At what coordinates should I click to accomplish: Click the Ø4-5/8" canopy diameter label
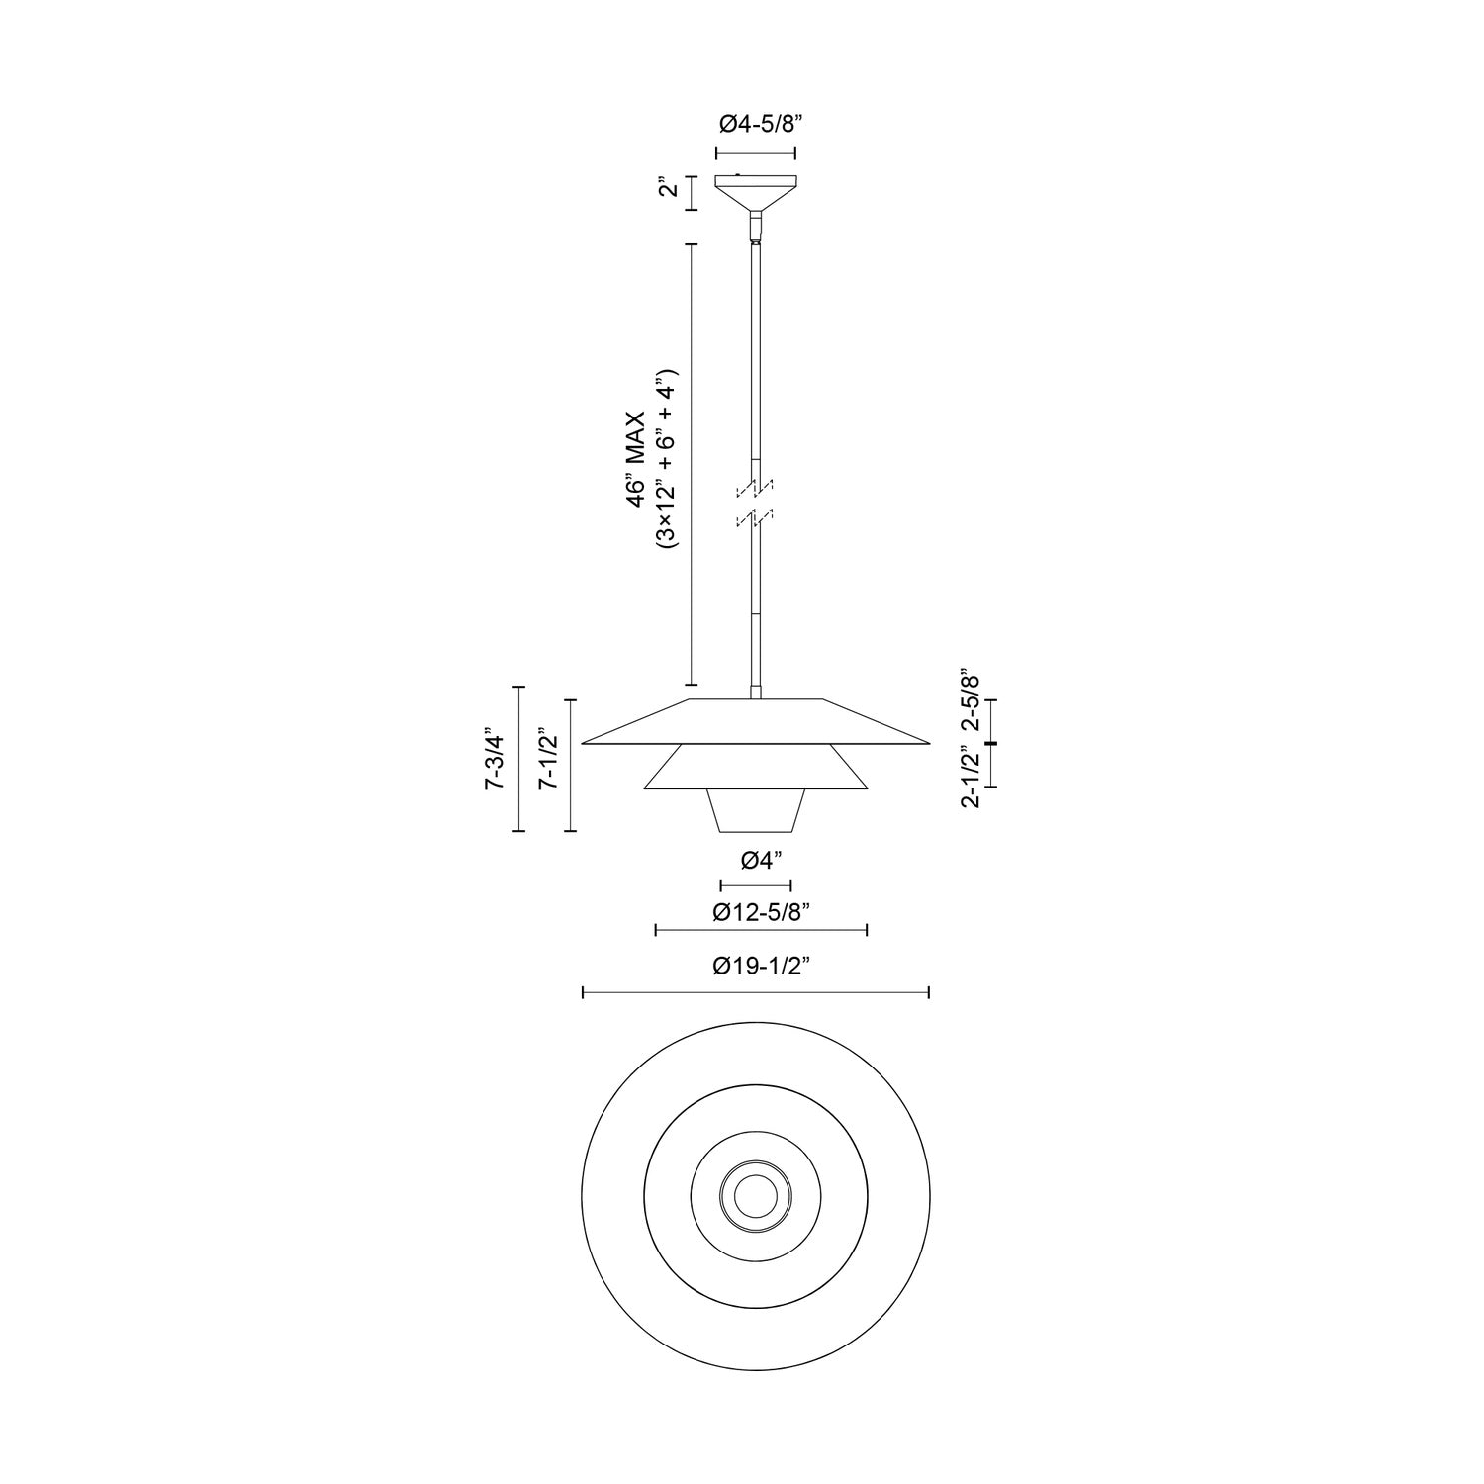755,124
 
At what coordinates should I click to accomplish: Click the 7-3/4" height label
495,760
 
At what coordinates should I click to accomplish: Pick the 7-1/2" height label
547,760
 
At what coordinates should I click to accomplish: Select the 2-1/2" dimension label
970,780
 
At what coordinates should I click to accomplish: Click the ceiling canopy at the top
756,190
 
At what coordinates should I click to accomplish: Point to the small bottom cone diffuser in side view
756,810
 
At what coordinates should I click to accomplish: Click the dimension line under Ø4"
756,884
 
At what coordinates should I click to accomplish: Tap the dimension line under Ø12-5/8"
761,930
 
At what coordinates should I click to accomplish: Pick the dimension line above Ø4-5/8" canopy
756,153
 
